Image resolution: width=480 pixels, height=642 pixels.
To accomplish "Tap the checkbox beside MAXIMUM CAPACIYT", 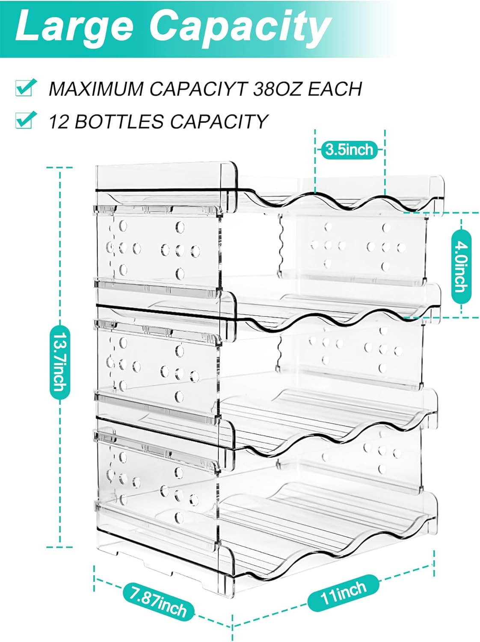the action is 24,88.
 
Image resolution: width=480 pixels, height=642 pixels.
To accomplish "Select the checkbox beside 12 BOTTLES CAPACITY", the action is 24,120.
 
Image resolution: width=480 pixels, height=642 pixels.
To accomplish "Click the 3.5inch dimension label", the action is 350,150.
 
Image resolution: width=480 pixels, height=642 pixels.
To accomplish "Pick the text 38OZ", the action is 278,89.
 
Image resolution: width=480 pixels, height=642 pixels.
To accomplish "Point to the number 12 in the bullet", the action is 59,122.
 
